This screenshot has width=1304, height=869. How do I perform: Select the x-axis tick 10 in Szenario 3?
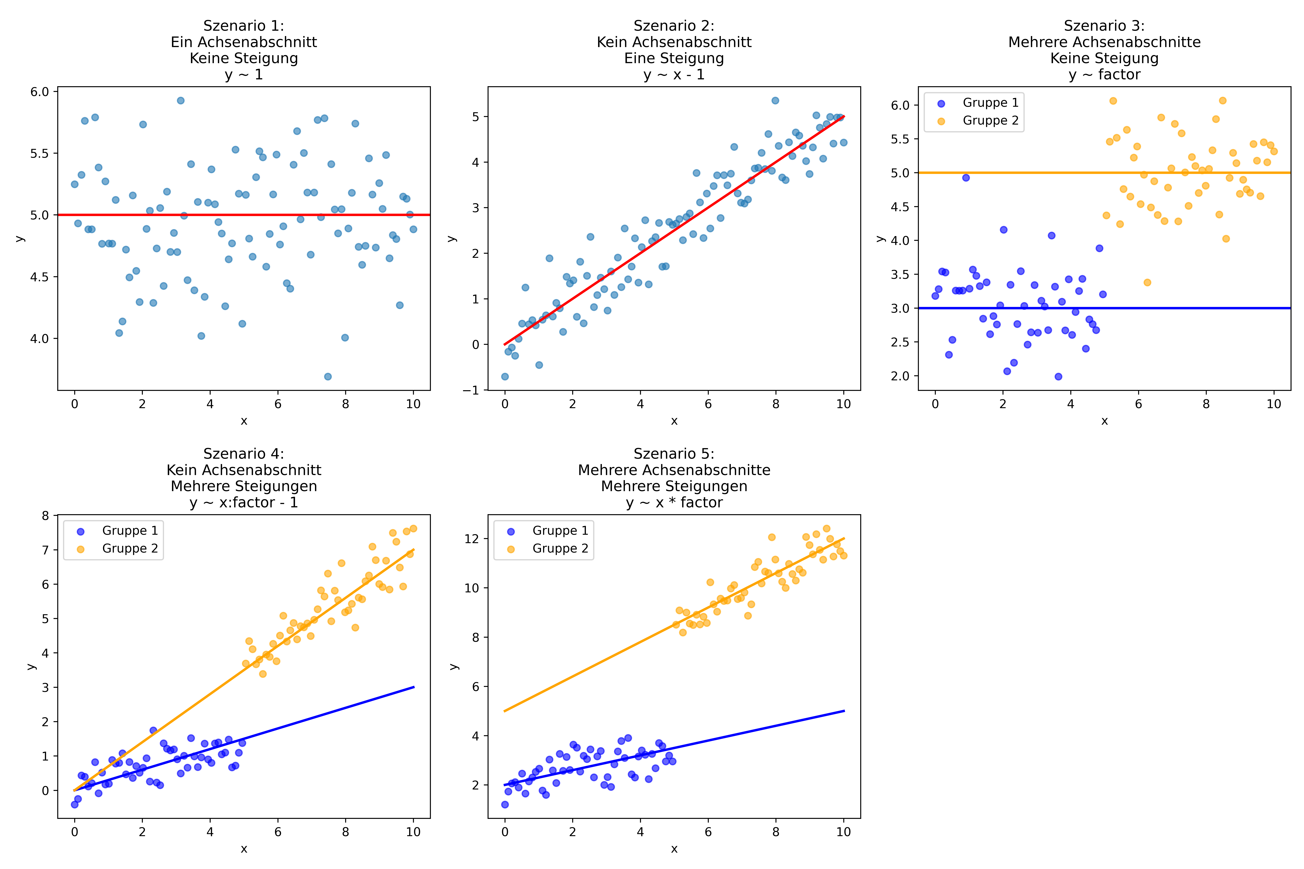point(1274,404)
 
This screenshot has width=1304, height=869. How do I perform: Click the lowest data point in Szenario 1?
point(328,376)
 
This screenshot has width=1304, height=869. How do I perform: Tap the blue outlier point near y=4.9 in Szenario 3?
point(966,177)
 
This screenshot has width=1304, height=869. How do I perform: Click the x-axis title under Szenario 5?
point(674,849)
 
